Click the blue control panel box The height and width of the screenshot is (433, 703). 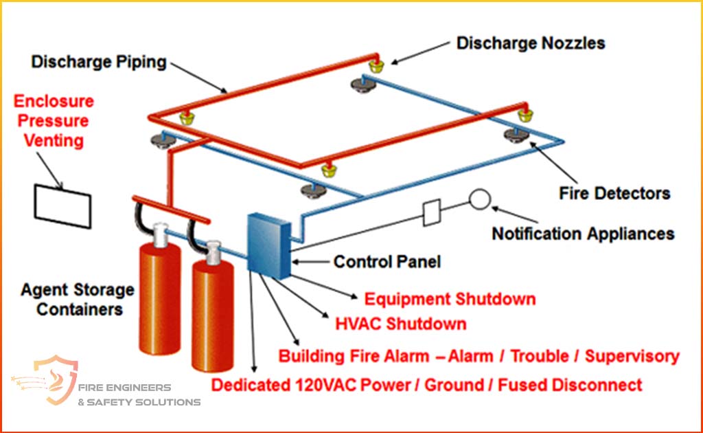coord(269,245)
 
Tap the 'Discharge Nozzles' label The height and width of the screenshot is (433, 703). coord(531,43)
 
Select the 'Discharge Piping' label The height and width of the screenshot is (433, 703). coord(99,62)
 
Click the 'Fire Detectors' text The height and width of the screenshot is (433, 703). coord(614,193)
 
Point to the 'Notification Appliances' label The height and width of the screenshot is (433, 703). coord(583,234)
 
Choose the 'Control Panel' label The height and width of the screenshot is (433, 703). coord(387,262)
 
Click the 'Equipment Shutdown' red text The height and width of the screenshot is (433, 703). coord(450,299)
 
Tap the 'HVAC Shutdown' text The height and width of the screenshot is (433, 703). coord(401,324)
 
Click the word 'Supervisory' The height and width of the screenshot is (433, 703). coord(632,356)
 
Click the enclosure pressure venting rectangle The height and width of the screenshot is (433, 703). coord(62,206)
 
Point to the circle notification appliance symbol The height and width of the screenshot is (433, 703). coord(480,199)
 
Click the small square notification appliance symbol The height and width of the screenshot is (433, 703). coord(432,212)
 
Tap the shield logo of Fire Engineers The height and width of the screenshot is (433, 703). coord(58,379)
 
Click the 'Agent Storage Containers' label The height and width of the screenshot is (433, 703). coord(78,299)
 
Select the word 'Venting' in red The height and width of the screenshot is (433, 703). coord(54,140)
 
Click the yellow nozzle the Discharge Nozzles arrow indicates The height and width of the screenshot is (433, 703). coord(376,67)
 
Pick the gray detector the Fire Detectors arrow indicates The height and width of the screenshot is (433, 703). coord(516,135)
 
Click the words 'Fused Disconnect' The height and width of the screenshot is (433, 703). coord(570,385)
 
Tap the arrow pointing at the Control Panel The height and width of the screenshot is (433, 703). coord(310,262)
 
